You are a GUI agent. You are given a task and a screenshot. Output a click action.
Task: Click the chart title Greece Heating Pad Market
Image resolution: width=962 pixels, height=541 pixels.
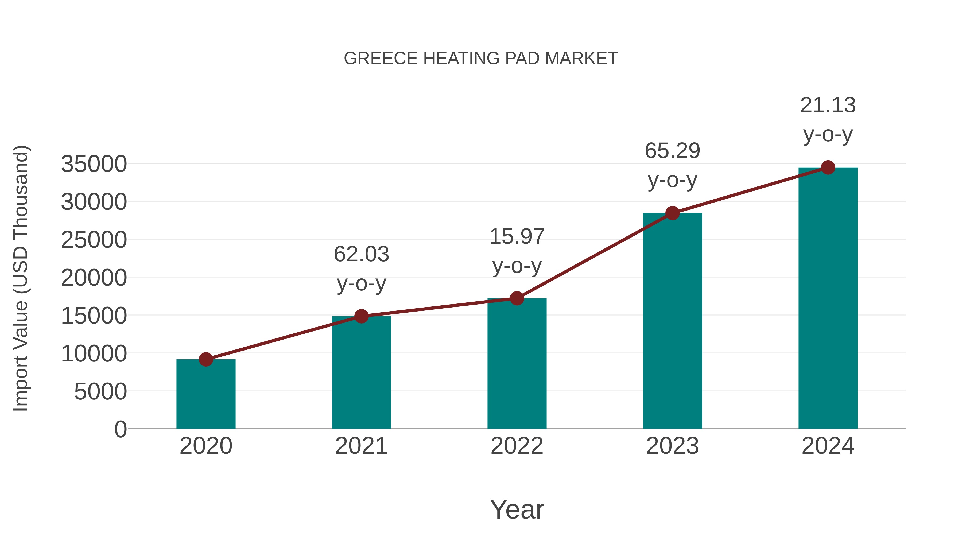coord(481,59)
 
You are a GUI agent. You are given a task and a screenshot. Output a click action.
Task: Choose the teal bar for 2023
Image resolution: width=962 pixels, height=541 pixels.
coord(672,321)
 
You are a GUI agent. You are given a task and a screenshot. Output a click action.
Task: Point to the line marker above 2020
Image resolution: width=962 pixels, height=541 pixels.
coord(206,360)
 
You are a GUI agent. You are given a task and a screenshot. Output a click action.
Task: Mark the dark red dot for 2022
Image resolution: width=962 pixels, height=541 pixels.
coord(517,298)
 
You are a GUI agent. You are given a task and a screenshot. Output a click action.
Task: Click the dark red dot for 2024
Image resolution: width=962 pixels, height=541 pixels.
coord(828,168)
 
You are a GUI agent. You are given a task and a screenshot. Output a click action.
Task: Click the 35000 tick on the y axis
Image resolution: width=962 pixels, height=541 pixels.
coord(94,164)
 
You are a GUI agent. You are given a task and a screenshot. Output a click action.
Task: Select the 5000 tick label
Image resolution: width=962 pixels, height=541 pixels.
coord(100,391)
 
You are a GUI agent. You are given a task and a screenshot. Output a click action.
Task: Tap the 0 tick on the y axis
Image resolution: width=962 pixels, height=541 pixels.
coord(121,429)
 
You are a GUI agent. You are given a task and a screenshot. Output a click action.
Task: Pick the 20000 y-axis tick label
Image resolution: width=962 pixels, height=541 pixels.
coord(94,278)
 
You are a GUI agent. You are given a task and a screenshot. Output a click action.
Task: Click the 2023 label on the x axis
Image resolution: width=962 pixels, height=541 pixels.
coord(672,446)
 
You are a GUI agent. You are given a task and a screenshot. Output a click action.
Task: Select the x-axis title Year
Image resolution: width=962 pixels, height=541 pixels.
coord(517,509)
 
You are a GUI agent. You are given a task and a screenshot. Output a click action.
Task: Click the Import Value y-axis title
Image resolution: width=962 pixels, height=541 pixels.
coord(21,278)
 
